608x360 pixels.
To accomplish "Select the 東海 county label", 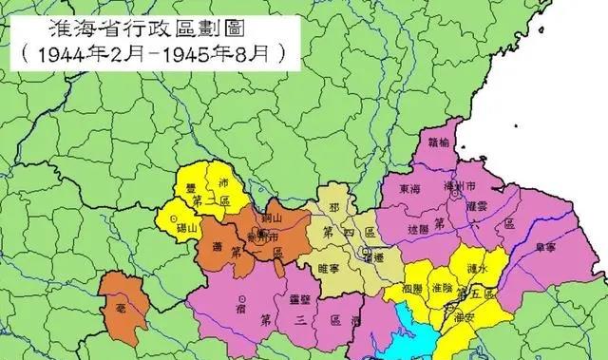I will point(410,189).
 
